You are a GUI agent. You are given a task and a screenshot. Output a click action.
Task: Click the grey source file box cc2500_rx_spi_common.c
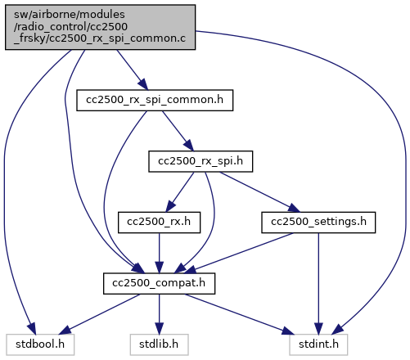pyautogui.click(x=100, y=27)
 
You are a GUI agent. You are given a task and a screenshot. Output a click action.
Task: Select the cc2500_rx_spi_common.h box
pyautogui.click(x=155, y=100)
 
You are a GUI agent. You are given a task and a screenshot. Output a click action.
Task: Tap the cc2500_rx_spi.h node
pyautogui.click(x=200, y=161)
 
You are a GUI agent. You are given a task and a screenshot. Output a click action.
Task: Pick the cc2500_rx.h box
pyautogui.click(x=159, y=223)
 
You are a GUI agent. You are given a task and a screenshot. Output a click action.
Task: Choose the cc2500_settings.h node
pyautogui.click(x=318, y=223)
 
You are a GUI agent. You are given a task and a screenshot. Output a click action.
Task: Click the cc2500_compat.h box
pyautogui.click(x=159, y=283)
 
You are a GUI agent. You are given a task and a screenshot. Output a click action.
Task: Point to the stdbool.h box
pyautogui.click(x=40, y=344)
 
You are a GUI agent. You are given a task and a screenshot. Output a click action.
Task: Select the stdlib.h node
pyautogui.click(x=159, y=344)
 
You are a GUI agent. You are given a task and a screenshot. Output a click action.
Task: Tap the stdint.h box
pyautogui.click(x=318, y=344)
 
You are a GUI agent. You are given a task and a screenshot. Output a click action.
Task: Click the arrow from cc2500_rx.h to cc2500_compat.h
pyautogui.click(x=159, y=253)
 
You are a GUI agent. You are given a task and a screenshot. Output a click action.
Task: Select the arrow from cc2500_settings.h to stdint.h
pyautogui.click(x=318, y=284)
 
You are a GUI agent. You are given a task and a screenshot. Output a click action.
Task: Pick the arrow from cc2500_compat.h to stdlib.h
pyautogui.click(x=159, y=314)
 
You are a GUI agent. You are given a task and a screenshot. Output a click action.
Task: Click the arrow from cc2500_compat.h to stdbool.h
pyautogui.click(x=99, y=314)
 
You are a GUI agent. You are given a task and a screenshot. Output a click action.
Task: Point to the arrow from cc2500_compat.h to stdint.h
pyautogui.click(x=240, y=314)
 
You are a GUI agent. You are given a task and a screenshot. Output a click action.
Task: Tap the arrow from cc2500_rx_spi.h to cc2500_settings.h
pyautogui.click(x=259, y=192)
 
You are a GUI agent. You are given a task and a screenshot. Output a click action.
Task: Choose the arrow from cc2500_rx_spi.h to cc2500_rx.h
pyautogui.click(x=180, y=192)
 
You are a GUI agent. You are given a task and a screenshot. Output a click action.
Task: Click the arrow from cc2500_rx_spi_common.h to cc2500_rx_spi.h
pyautogui.click(x=178, y=131)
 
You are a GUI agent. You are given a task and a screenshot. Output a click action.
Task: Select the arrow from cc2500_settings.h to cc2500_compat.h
pyautogui.click(x=240, y=253)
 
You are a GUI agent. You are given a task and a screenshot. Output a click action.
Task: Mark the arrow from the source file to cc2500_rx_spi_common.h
pyautogui.click(x=133, y=70)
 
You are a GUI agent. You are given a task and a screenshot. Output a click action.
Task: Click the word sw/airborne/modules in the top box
pyautogui.click(x=70, y=15)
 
